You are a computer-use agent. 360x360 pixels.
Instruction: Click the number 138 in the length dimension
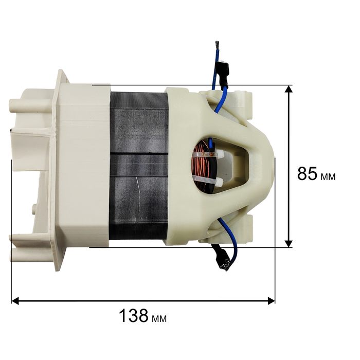[134, 315]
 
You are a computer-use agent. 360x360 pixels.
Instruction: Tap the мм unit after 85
[328, 176]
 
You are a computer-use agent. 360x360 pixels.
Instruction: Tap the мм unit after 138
[159, 319]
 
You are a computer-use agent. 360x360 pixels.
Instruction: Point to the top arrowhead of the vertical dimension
[289, 89]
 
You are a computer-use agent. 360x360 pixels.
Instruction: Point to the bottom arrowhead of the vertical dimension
[289, 244]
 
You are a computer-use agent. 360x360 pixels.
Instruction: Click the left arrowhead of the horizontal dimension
[15, 300]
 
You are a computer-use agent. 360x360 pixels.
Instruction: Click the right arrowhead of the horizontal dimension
[271, 300]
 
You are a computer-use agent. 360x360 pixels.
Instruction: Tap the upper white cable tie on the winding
[208, 154]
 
